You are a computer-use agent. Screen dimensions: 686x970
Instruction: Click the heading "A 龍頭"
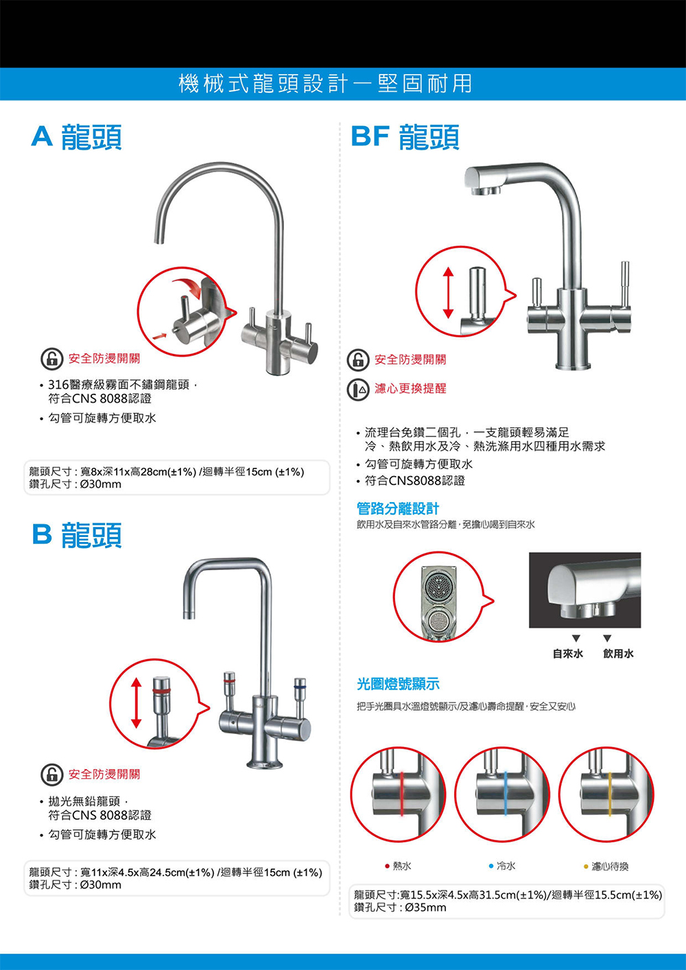77,137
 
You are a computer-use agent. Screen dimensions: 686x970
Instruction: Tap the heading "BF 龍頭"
405,137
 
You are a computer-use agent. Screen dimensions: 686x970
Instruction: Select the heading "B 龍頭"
77,535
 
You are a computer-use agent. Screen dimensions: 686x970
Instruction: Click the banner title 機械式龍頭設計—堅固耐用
325,84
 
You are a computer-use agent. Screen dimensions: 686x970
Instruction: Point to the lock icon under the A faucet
51,359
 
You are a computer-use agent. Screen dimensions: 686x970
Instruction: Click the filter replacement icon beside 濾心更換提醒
357,389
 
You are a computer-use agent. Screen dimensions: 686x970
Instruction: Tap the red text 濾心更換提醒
410,388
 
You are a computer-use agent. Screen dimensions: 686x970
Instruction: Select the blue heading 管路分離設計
398,508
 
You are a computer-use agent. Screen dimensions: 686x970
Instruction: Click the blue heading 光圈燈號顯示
398,683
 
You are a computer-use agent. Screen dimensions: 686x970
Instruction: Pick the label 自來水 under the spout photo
568,654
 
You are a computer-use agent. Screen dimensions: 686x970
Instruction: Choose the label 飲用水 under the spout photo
618,654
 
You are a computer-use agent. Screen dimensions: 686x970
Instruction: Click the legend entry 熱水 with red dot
398,866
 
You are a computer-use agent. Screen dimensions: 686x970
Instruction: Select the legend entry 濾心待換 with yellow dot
606,866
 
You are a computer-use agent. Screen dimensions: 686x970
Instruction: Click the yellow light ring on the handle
610,794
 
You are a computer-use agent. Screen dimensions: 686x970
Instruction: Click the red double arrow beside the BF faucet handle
448,292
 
